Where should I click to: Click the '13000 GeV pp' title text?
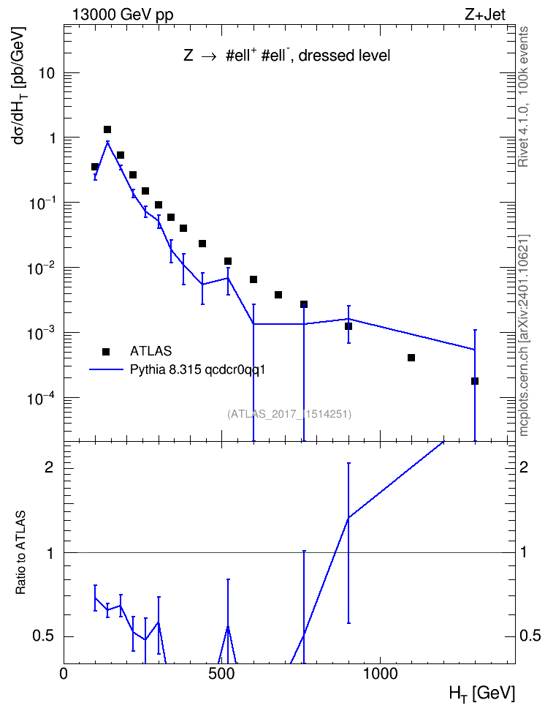coord(122,15)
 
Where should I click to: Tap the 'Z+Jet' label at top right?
coord(485,15)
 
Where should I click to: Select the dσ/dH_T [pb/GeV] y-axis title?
coord(20,86)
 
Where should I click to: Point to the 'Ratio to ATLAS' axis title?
coord(20,552)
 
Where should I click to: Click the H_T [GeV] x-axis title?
coord(482,693)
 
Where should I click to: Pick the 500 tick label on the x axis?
coord(221,674)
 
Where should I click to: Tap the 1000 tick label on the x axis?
coord(380,674)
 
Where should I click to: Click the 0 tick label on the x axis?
coord(64,674)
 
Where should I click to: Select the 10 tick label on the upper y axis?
coord(46,73)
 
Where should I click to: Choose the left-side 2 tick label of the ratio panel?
coord(49,467)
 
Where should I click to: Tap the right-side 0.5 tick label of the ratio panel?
coord(530,636)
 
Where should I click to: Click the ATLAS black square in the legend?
coord(106,351)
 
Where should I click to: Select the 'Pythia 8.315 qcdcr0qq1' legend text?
coord(197,370)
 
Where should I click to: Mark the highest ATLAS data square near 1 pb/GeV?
coord(107,129)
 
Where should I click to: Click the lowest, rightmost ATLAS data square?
coord(475,381)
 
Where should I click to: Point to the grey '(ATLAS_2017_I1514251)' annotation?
coord(289,413)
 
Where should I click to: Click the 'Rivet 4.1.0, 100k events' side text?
coord(523,97)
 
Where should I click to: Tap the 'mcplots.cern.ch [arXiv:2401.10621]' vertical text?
coord(524,336)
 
